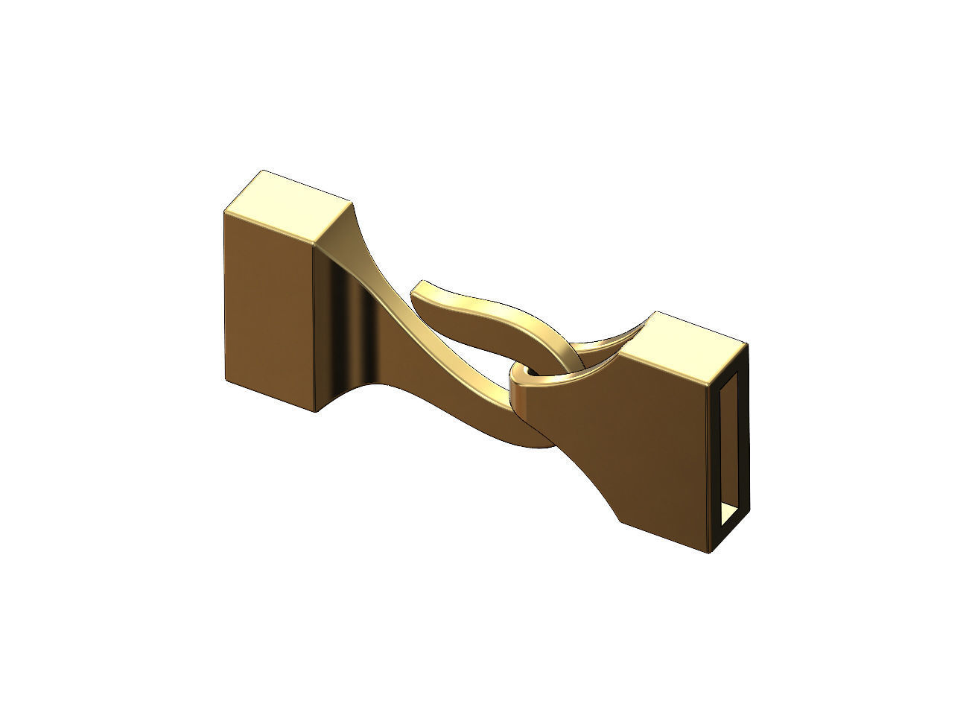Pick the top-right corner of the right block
pyautogui.click(x=747, y=344)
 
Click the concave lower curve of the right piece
pyautogui.click(x=588, y=477)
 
